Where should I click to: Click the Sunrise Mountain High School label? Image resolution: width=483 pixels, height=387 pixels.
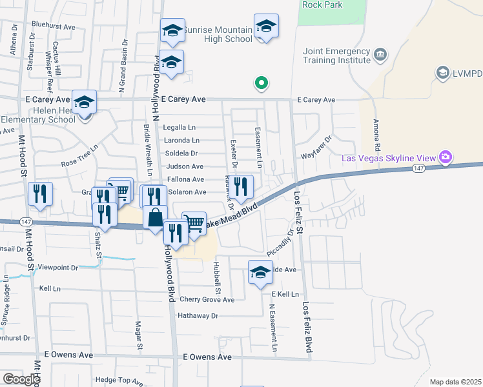tap(218, 34)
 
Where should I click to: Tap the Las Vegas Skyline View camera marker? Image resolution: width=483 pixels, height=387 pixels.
tap(445, 157)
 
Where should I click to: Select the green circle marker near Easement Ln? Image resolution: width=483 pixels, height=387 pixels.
tap(261, 83)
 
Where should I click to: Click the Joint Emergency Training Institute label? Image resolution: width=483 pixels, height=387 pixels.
tap(336, 56)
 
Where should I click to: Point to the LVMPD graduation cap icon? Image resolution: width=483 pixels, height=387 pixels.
tap(442, 72)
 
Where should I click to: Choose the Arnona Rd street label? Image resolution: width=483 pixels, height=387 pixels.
tap(375, 134)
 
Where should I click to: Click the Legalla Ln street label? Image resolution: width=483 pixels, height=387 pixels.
tap(179, 128)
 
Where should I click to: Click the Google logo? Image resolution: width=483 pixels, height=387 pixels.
tap(21, 379)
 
